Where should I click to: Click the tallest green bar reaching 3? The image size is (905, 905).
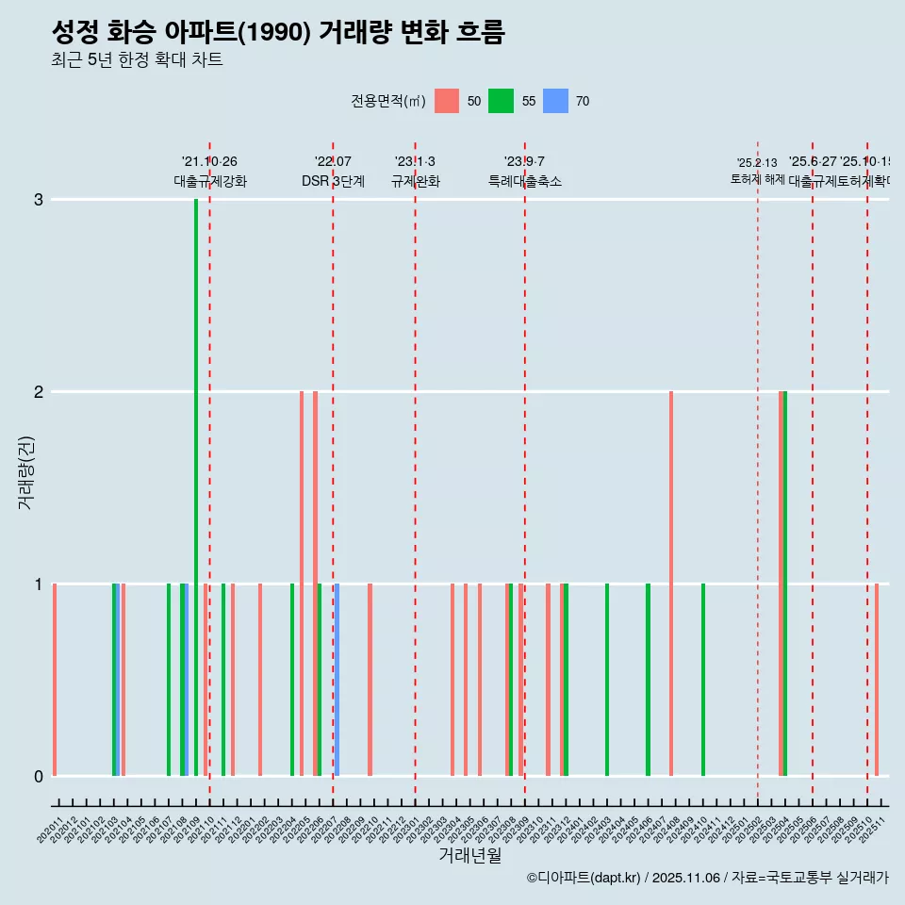(x=196, y=486)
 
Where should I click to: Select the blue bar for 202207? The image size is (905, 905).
(x=337, y=680)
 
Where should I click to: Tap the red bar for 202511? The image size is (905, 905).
(x=877, y=680)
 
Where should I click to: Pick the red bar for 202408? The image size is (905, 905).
(x=671, y=584)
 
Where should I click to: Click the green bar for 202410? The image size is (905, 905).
(x=703, y=680)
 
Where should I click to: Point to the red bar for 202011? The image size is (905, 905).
(x=55, y=680)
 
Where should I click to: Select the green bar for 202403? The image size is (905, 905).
(x=607, y=680)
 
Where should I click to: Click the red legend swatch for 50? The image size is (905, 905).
(x=447, y=101)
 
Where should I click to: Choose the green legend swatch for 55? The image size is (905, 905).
(x=501, y=101)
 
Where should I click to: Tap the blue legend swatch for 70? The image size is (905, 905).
(x=556, y=101)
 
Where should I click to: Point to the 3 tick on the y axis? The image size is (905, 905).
(x=39, y=200)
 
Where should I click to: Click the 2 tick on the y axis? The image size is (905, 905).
(x=39, y=392)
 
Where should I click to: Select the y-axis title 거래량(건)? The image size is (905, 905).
(x=25, y=471)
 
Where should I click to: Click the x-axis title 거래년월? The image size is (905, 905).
(x=469, y=856)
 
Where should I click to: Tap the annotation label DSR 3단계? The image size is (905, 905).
(x=333, y=182)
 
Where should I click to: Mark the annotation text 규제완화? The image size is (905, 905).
(x=415, y=182)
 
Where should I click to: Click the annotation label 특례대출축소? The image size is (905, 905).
(x=524, y=182)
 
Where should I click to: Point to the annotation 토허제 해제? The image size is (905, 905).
(x=757, y=179)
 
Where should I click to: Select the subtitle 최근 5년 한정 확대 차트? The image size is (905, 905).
(x=137, y=61)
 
